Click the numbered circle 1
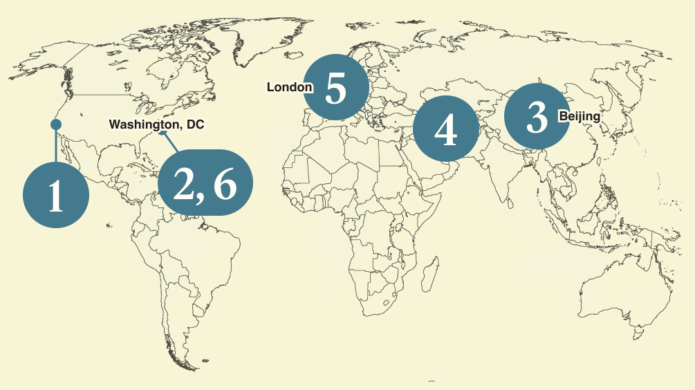56,194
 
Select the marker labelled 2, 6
205,183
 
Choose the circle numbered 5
336,87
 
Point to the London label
289,87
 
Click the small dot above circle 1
56,124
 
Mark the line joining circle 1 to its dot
56,145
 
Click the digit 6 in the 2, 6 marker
224,184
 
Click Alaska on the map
41,62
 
